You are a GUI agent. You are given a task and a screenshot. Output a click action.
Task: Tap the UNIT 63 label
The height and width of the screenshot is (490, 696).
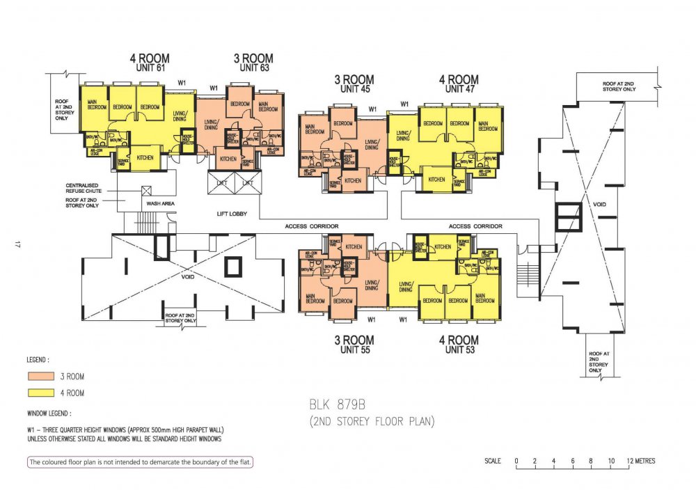pyautogui.click(x=253, y=69)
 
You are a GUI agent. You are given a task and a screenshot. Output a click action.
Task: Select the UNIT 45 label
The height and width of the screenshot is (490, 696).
pyautogui.click(x=354, y=90)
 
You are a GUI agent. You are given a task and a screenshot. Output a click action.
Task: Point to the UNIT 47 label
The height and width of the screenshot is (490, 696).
pyautogui.click(x=459, y=90)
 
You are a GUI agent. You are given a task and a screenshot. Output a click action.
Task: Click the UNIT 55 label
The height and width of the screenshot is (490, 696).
pyautogui.click(x=354, y=350)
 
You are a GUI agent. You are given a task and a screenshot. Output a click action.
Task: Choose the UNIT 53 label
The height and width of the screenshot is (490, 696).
pyautogui.click(x=459, y=350)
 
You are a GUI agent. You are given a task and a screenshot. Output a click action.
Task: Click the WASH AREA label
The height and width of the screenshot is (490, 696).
pyautogui.click(x=159, y=203)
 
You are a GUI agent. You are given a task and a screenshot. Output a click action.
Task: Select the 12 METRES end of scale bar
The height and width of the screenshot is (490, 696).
pyautogui.click(x=638, y=461)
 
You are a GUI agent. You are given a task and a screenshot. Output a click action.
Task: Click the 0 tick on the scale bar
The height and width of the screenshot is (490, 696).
pyautogui.click(x=516, y=461)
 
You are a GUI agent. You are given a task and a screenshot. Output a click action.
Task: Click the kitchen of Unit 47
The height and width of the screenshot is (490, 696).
pyautogui.click(x=436, y=180)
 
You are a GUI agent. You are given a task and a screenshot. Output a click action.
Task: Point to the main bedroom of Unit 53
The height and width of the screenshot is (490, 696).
pyautogui.click(x=485, y=298)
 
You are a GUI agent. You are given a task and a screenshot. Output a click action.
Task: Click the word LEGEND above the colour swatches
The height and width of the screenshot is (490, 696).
pyautogui.click(x=38, y=361)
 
